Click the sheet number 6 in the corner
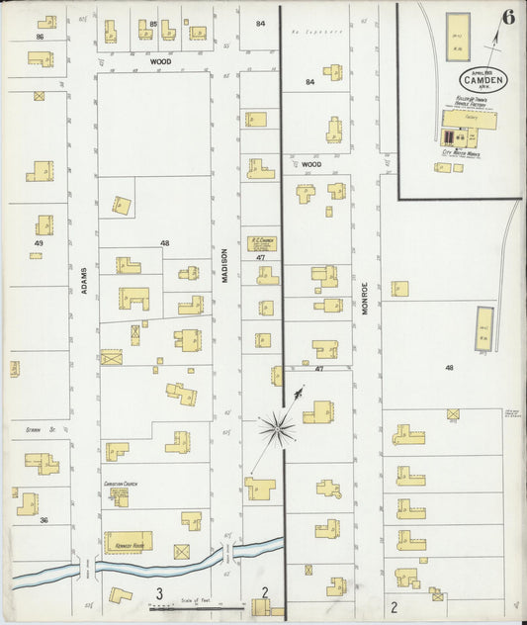coord(507,17)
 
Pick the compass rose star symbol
coord(278,428)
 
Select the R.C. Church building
coord(262,243)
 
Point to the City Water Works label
coord(460,153)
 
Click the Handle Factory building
coord(470,121)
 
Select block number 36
coord(44,519)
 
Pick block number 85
coord(153,23)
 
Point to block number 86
coord(40,36)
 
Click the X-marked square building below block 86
coord(39,97)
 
